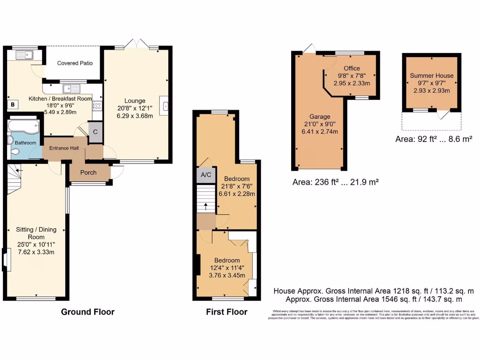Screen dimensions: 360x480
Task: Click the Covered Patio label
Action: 75,63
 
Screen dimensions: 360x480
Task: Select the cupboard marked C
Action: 95,132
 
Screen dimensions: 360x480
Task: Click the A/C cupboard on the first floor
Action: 205,175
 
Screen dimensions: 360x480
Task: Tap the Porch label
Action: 88,172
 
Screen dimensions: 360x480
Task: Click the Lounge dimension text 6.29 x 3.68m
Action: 135,116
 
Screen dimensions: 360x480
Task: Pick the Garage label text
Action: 320,116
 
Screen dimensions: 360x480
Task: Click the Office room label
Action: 352,68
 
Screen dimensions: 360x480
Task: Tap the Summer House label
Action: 431,75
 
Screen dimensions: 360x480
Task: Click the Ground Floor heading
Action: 88,312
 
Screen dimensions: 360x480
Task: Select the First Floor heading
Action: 226,312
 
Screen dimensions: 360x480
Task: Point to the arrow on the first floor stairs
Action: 206,207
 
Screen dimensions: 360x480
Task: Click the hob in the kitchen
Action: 97,105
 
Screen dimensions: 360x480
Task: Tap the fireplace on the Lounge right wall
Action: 165,105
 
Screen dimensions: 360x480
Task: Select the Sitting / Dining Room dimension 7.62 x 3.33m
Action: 36,252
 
